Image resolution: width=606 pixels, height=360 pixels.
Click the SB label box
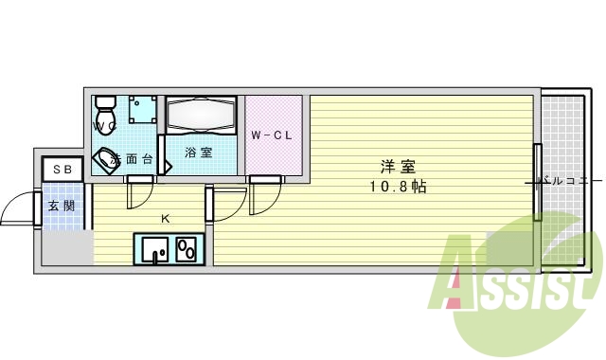click(x=62, y=170)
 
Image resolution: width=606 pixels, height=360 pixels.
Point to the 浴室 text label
click(x=198, y=153)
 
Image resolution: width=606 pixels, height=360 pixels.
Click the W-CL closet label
click(x=272, y=135)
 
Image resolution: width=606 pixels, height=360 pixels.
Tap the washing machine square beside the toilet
click(x=143, y=109)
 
